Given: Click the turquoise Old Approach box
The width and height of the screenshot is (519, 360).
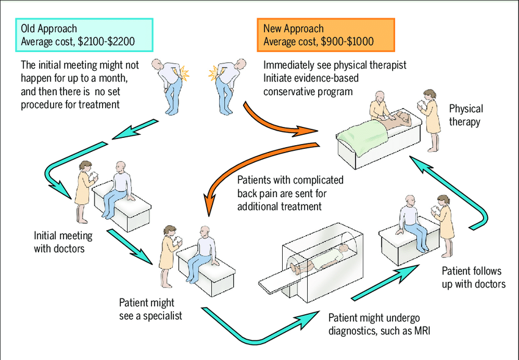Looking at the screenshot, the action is (84, 35).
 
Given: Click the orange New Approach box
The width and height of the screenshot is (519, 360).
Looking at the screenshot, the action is (325, 35).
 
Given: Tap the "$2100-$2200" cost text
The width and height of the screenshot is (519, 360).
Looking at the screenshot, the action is (106, 41).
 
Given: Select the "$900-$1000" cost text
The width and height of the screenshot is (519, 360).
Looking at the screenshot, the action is (347, 41).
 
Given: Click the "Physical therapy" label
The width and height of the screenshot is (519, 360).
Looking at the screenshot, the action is (466, 115).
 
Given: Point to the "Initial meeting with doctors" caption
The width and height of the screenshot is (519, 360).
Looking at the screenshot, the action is (63, 242).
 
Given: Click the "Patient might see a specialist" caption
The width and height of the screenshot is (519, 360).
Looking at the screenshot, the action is (151, 309).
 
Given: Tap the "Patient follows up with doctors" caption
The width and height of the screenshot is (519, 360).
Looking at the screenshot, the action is (474, 277).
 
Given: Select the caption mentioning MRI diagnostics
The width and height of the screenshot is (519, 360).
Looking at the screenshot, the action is (379, 324).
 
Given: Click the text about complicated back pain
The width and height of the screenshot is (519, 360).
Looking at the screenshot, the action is (290, 193).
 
